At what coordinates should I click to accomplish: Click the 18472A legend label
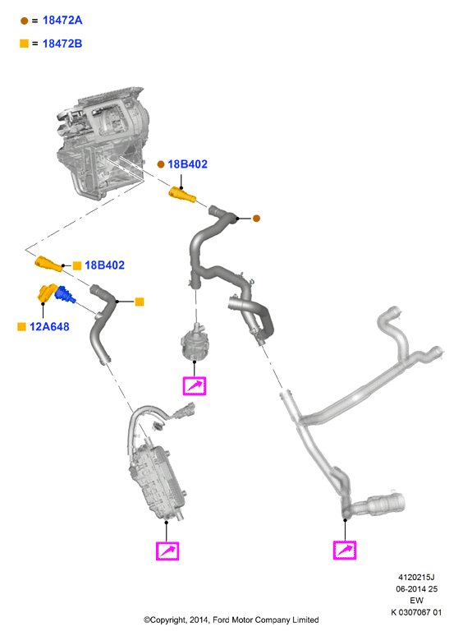coord(62,21)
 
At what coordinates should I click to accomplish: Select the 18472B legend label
coord(62,44)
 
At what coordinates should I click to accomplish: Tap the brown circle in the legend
coord(25,21)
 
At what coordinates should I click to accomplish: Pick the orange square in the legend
coord(25,44)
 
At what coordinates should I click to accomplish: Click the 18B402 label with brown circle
coord(188,164)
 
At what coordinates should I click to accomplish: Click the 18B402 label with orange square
coord(104,265)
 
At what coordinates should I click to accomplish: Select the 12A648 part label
coord(49,326)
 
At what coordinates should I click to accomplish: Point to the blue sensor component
coord(65,295)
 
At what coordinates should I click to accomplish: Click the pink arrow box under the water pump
coord(195,385)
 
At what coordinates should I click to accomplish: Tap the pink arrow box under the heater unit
coord(167,551)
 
